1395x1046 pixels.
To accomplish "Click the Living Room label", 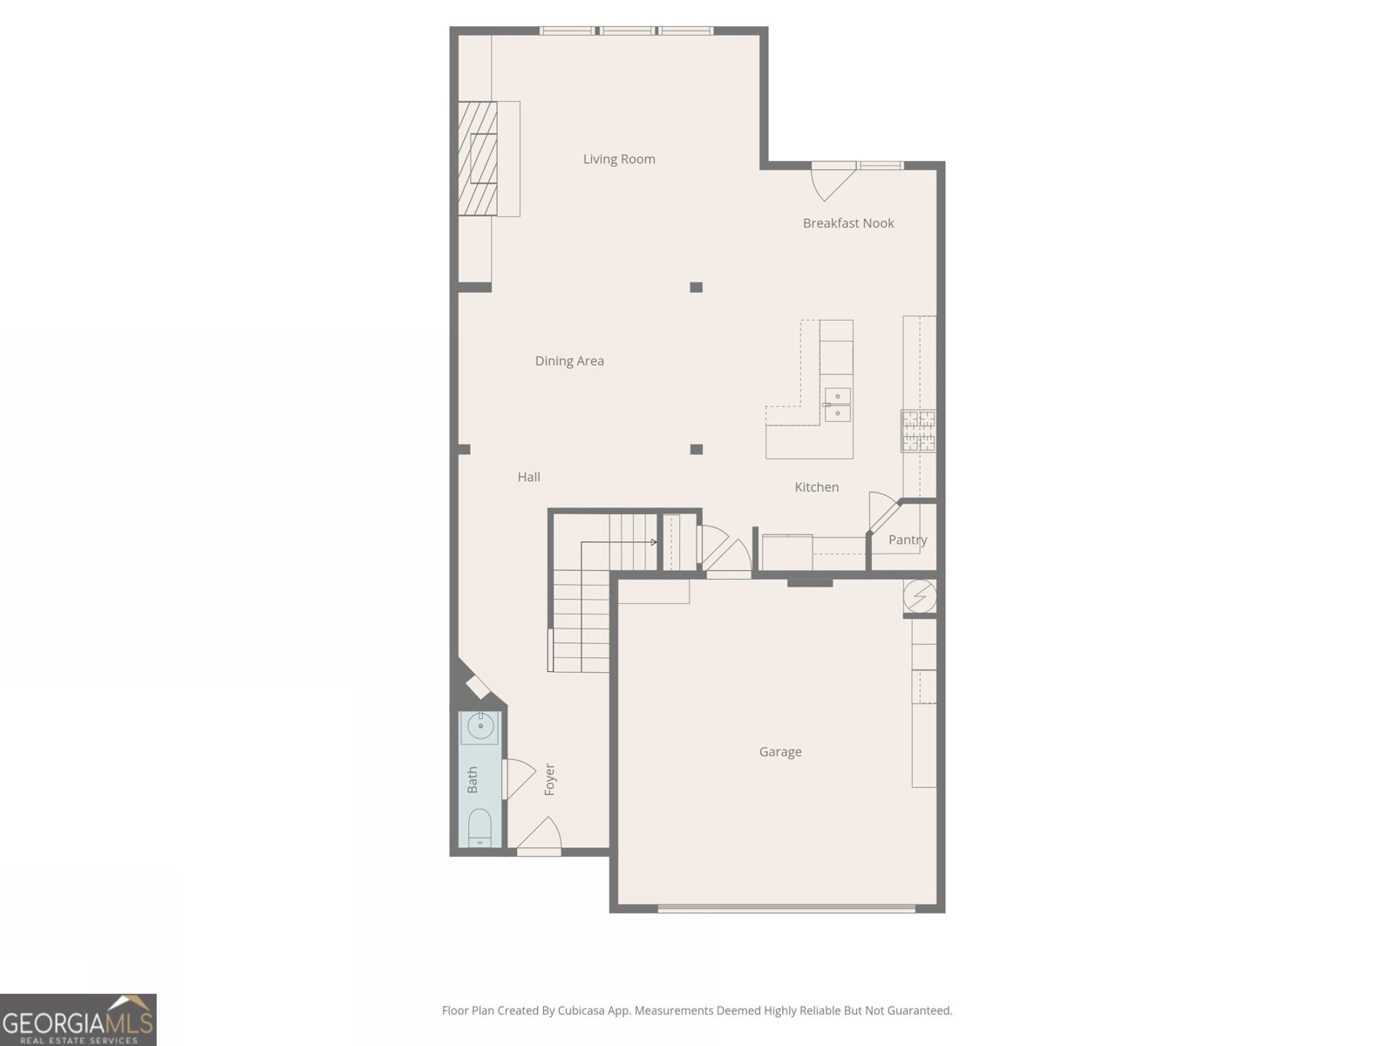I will coord(619,159).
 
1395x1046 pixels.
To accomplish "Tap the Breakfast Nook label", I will coord(848,223).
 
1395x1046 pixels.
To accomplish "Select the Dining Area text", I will coord(569,361).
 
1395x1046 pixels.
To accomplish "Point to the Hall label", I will coord(528,477).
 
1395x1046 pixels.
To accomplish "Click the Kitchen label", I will coord(816,487).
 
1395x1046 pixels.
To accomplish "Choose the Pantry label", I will coord(908,540).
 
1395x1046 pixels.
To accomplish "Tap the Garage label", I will coord(780,751).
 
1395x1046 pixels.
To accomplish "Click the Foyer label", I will coord(549,779).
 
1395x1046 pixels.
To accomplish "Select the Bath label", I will coord(473,779).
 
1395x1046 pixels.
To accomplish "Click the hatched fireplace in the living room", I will coord(478,158).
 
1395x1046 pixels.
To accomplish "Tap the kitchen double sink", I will coord(837,405).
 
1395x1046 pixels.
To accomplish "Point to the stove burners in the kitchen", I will coord(918,431).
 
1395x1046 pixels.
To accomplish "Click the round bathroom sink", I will coord(480,725).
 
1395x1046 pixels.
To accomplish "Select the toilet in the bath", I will coord(480,828).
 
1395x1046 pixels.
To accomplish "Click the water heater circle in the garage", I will coord(919,597).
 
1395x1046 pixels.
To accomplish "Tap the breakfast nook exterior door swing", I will coord(830,182).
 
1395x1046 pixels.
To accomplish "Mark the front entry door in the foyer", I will coord(539,835).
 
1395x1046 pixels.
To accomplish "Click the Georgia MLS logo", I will coord(78,1020).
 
